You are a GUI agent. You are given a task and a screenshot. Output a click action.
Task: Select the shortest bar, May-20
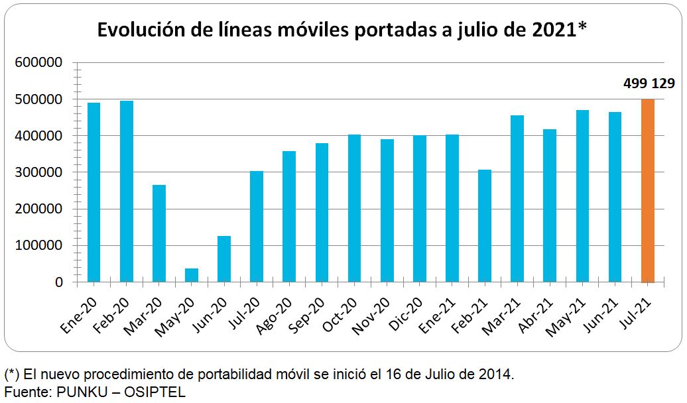coord(192,275)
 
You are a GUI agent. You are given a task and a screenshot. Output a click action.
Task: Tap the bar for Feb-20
coord(126,192)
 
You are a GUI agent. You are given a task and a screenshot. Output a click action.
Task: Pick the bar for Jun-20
coord(224,259)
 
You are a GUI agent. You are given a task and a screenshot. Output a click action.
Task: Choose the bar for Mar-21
coord(517,199)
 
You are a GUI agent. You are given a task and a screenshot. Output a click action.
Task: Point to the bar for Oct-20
coord(355,208)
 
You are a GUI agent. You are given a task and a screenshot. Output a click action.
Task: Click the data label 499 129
coord(649,84)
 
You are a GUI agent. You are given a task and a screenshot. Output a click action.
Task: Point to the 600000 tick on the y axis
coord(38,63)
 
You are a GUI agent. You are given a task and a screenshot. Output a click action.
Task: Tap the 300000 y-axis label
coord(38,172)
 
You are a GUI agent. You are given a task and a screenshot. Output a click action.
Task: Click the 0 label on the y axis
coord(58,282)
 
